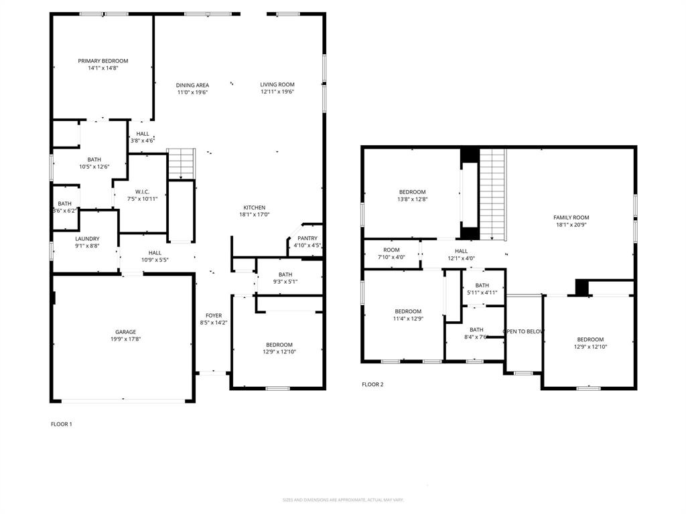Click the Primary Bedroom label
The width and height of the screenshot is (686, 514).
click(x=102, y=61)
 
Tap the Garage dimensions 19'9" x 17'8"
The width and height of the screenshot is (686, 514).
click(x=125, y=339)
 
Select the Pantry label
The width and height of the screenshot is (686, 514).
click(x=307, y=238)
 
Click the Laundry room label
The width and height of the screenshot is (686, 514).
click(x=87, y=239)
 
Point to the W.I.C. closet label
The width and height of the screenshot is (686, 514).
click(x=141, y=191)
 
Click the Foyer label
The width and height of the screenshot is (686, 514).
click(x=214, y=316)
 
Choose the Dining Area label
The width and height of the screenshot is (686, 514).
click(x=192, y=85)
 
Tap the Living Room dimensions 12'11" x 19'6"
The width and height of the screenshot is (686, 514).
click(x=277, y=92)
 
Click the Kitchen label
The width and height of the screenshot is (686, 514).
click(x=255, y=207)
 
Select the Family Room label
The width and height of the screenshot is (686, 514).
click(x=571, y=218)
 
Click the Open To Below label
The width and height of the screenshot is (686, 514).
click(x=523, y=331)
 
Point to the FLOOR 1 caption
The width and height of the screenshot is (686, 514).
click(x=61, y=424)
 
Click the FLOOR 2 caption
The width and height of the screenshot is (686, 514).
click(x=372, y=384)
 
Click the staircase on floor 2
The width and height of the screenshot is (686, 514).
click(x=492, y=194)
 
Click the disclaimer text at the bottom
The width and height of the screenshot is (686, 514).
click(x=343, y=500)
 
